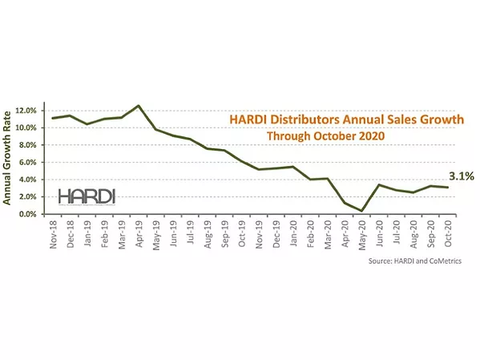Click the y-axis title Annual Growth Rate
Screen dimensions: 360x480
click(9, 159)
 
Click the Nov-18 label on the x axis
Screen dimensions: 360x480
click(53, 233)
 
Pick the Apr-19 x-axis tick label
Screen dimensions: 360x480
click(139, 233)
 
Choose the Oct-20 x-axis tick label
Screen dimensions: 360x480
click(451, 233)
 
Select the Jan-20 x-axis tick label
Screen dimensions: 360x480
click(295, 233)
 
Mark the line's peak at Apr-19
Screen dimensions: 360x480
click(139, 106)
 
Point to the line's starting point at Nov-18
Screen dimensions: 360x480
click(52, 118)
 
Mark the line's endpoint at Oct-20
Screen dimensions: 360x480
click(450, 188)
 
